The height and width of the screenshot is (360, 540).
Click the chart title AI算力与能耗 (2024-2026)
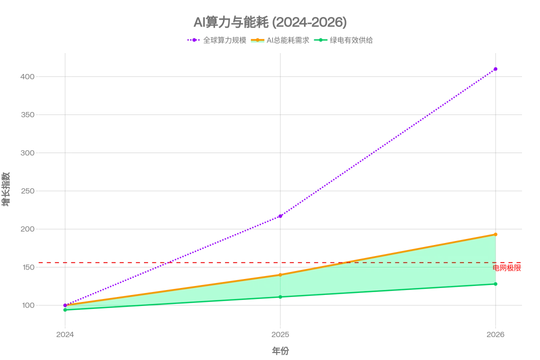270,22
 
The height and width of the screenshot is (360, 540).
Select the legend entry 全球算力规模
217,40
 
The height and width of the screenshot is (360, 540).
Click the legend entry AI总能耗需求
280,40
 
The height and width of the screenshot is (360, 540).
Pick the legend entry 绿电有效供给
343,40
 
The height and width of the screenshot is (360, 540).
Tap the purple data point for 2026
495,69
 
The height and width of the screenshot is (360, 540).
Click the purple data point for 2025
280,216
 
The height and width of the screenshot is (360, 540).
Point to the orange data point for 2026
495,234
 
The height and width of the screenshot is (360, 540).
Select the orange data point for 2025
280,275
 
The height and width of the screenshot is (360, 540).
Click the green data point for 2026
495,284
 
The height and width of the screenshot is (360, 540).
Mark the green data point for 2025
280,297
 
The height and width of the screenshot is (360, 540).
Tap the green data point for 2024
65,310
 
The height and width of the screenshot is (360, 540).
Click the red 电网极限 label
507,268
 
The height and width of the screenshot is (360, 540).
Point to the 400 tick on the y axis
27,77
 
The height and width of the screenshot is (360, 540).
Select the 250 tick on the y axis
27,191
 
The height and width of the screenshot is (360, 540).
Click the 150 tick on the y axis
28,267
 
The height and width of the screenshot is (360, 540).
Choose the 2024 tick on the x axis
65,334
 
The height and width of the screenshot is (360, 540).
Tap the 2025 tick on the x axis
280,334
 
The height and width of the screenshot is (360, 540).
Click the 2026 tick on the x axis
495,334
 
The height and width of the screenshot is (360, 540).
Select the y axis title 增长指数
6,189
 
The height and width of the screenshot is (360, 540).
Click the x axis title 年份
280,351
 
